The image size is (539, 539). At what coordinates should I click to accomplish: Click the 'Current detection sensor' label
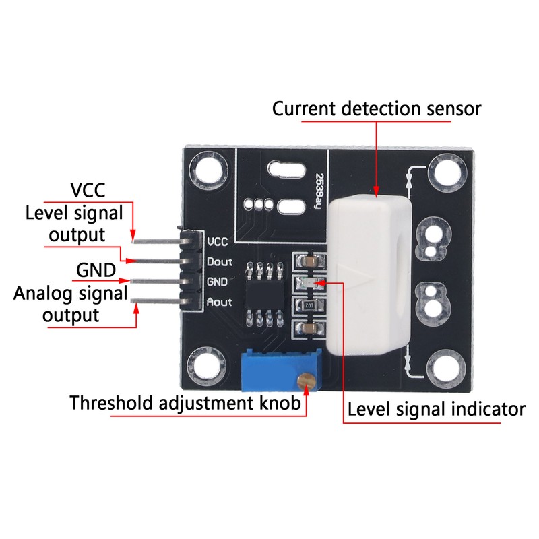(376, 108)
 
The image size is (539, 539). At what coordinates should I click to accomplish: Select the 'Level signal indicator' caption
(435, 409)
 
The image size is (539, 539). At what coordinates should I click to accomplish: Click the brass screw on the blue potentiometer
(307, 380)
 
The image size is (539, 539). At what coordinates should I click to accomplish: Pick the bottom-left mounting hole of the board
(203, 367)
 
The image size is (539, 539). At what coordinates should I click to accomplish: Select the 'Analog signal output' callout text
(71, 305)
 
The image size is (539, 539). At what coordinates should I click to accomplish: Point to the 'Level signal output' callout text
(74, 224)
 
